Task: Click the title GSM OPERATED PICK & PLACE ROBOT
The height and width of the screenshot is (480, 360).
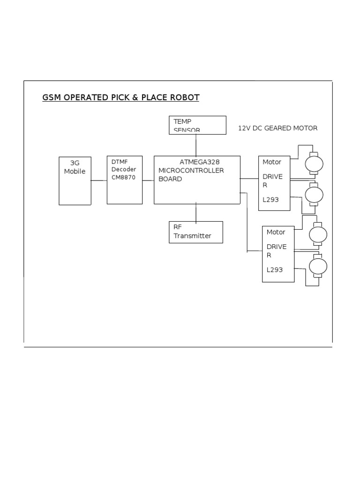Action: tap(120, 97)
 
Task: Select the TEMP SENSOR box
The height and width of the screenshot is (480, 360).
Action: tap(197, 125)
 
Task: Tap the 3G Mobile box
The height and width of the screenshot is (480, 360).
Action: tap(75, 181)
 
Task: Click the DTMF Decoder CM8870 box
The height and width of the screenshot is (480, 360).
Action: tap(125, 180)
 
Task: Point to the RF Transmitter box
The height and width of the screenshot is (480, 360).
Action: tap(196, 232)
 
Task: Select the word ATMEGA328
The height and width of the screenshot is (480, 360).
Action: tap(199, 162)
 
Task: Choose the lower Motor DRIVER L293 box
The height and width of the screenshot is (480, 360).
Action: tap(278, 254)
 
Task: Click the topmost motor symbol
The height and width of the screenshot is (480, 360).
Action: tap(314, 164)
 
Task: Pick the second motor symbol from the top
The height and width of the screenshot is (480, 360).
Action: tap(314, 194)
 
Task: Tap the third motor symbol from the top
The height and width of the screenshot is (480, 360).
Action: tap(318, 234)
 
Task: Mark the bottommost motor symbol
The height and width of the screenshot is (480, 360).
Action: tap(318, 266)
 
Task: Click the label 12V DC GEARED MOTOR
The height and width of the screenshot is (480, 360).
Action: tap(277, 128)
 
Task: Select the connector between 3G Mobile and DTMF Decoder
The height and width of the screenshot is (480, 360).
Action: tap(99, 180)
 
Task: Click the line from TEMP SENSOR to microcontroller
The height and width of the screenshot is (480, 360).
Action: tap(196, 145)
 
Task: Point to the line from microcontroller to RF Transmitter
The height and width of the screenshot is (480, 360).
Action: tap(196, 213)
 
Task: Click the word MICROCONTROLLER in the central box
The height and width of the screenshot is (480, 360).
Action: tap(191, 170)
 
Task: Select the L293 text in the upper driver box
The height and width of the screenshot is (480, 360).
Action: tap(270, 200)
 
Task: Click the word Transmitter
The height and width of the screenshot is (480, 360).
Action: tap(192, 236)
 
